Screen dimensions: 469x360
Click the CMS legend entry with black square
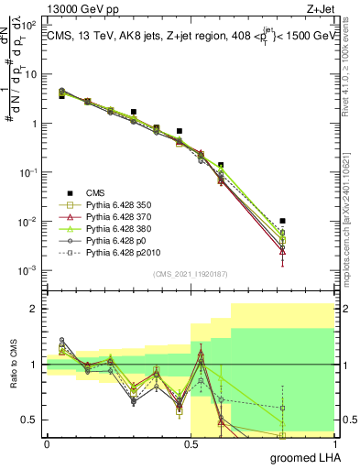point(96,192)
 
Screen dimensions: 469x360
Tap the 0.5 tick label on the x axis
point(191,443)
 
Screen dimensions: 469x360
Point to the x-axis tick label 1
point(333,443)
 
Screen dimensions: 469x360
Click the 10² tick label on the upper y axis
point(31,26)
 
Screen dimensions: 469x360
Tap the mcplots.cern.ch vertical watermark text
point(352,220)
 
